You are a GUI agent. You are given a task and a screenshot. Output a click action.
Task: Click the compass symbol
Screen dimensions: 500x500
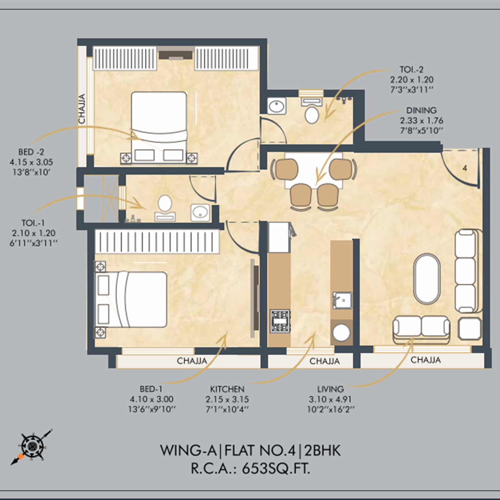[31, 446]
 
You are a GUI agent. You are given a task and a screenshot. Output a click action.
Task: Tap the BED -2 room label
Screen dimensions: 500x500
[31, 152]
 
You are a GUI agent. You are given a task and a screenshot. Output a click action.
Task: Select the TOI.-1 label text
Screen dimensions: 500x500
[33, 223]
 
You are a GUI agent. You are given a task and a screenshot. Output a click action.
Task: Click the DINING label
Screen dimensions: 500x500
[421, 110]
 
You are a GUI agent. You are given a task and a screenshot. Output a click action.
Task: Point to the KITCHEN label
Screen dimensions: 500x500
[227, 389]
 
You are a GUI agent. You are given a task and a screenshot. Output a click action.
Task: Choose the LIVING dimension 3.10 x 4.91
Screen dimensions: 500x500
[330, 399]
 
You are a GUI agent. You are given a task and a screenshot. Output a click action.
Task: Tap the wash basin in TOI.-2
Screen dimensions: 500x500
[276, 106]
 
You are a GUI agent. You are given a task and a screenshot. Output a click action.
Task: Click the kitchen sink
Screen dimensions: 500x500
[342, 300]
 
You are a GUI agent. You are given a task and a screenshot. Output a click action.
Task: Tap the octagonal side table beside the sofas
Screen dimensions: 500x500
[469, 329]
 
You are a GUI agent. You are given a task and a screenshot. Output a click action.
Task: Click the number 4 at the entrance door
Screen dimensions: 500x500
[465, 168]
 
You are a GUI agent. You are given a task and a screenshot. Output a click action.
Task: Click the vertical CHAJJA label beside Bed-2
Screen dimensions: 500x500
[82, 109]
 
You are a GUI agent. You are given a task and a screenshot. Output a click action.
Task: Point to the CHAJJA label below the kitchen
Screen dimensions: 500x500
[324, 361]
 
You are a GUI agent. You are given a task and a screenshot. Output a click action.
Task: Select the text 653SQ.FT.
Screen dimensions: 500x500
[276, 469]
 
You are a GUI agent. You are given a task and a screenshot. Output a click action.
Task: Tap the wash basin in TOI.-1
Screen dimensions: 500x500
[200, 212]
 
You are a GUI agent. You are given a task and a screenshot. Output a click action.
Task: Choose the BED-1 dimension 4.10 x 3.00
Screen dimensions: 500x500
[151, 399]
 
